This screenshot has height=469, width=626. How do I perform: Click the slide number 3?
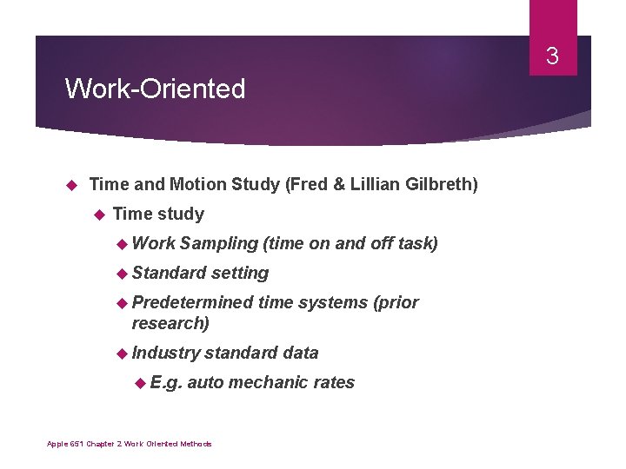551,58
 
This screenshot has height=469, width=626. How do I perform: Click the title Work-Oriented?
156,89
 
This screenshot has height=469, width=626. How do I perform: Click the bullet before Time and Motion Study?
73,185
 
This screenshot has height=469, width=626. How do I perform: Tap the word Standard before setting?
169,273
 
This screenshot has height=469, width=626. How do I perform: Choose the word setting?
240,273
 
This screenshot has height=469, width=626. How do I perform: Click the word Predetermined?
192,302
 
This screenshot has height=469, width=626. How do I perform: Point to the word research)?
170,323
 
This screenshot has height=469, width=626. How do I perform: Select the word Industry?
165,353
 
